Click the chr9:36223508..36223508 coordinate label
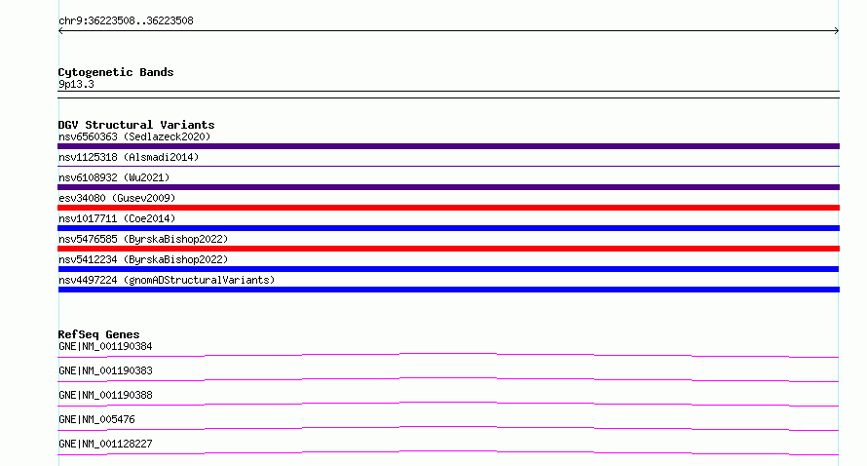126,21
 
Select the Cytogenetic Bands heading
116,72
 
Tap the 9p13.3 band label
76,85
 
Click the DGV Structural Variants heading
136,125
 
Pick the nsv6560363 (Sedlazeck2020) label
134,136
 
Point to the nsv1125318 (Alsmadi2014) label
129,157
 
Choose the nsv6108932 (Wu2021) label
114,177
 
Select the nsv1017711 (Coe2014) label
117,218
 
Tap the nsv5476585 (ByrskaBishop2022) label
143,239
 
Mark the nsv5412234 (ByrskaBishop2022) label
143,259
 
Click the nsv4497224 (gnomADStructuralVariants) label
167,280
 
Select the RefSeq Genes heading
98,334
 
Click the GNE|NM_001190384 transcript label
105,346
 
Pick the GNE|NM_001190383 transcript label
105,370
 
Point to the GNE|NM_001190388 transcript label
105,395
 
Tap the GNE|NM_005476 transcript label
96,419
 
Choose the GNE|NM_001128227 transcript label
105,444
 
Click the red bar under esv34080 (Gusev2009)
448,208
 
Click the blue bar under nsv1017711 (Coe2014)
448,228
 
